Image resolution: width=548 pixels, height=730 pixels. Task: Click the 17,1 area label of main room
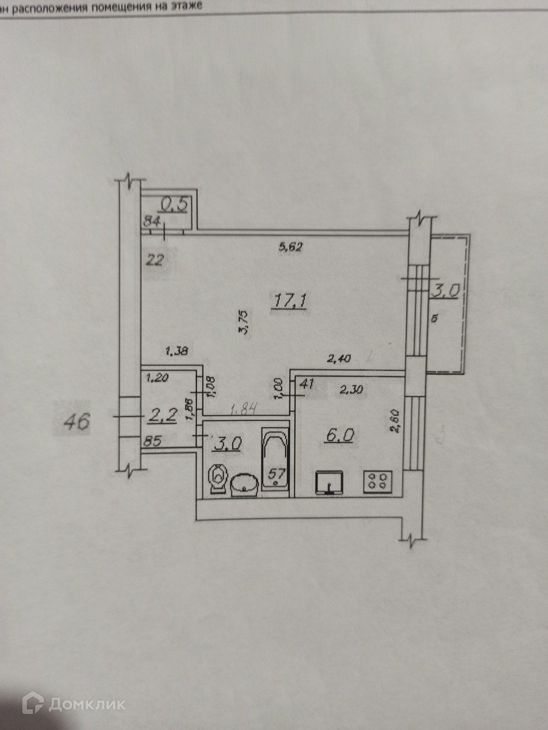[x=291, y=301]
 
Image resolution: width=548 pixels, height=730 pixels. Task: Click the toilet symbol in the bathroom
[x=218, y=479]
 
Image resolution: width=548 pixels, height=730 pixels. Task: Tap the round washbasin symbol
[x=245, y=485]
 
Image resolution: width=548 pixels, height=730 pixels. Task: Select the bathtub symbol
[x=276, y=459]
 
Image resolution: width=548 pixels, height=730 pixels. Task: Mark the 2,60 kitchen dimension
[x=395, y=421]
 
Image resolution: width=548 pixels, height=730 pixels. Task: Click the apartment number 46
[x=76, y=421]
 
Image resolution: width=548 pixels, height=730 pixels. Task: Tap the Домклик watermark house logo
[x=33, y=704]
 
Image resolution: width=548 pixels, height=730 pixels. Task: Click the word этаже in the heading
[x=185, y=6]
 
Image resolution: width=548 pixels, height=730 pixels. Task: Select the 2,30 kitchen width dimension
[x=351, y=389]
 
